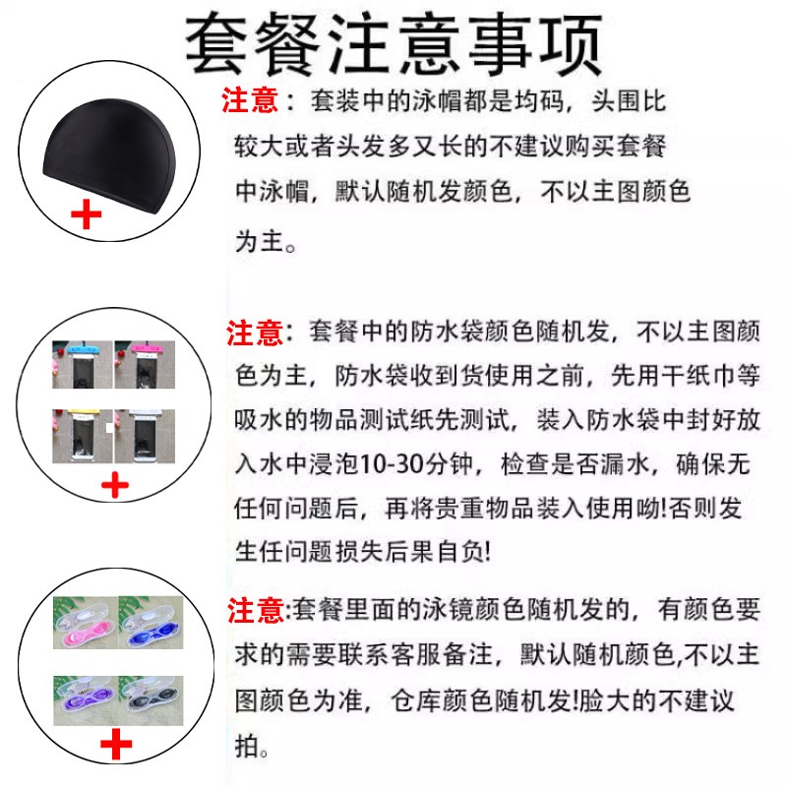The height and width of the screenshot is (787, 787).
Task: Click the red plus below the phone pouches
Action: pyautogui.click(x=116, y=484)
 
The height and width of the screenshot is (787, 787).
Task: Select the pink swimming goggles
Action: pyautogui.click(x=82, y=625)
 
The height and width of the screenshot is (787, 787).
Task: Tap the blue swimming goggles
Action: pyautogui.click(x=148, y=625)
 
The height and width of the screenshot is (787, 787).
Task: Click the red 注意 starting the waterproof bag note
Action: pyautogui.click(x=256, y=333)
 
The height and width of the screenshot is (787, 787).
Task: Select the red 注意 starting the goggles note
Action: pyautogui.click(x=256, y=612)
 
